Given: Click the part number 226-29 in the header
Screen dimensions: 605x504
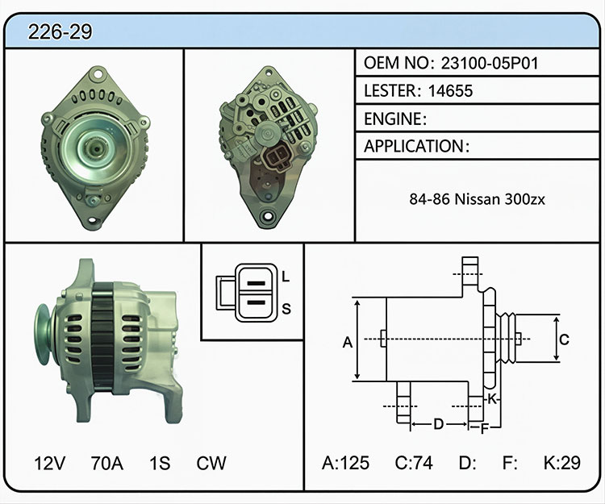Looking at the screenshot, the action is click(60, 31).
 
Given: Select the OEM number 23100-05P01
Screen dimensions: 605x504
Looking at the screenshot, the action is click(490, 63).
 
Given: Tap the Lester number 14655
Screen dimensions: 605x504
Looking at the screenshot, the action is click(450, 90).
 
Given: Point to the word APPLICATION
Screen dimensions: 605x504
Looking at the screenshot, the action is click(414, 146).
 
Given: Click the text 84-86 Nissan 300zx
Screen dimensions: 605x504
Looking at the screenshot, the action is click(478, 199).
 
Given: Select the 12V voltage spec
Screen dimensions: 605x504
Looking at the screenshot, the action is click(50, 463).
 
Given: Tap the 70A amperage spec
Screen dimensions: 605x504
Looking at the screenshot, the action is click(106, 463).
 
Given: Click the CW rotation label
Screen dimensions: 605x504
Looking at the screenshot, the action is click(211, 463).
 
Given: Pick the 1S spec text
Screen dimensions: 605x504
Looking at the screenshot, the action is click(160, 463).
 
